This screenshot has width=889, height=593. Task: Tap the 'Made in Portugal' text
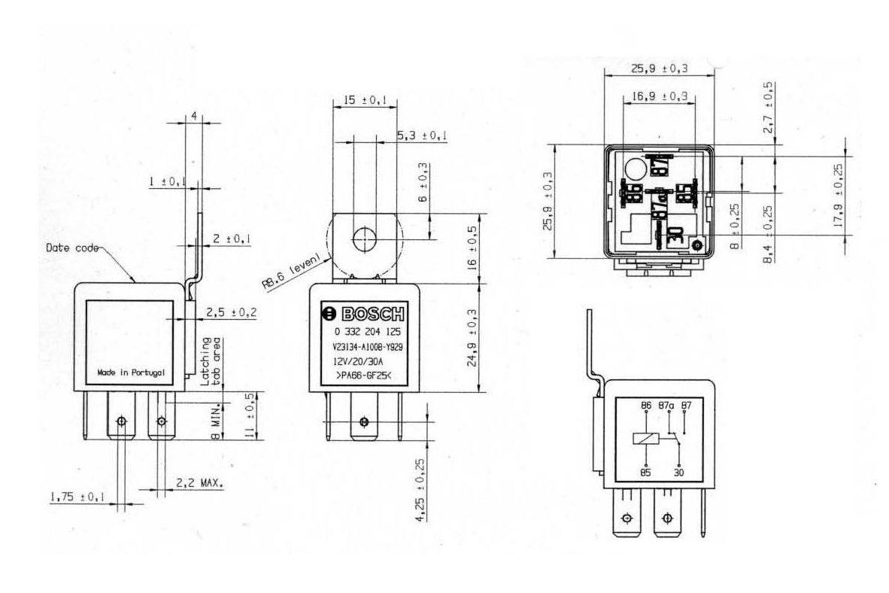click(x=130, y=373)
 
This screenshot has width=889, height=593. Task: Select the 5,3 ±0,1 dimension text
click(x=422, y=135)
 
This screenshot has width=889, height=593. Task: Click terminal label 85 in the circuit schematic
click(x=645, y=473)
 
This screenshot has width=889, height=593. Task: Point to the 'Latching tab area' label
click(x=211, y=362)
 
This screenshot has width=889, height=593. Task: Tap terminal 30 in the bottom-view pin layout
click(x=675, y=235)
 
